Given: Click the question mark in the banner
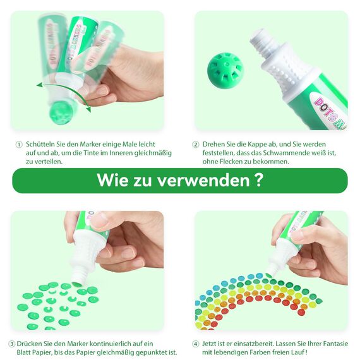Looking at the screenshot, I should pyautogui.click(x=258, y=180).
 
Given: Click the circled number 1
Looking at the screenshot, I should pyautogui.click(x=19, y=145).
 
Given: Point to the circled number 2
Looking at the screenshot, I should pyautogui.click(x=196, y=145).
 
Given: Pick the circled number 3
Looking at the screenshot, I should pyautogui.click(x=12, y=344).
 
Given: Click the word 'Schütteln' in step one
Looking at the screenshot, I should pyautogui.click(x=42, y=145).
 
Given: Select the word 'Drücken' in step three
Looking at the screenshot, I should pyautogui.click(x=31, y=344).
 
